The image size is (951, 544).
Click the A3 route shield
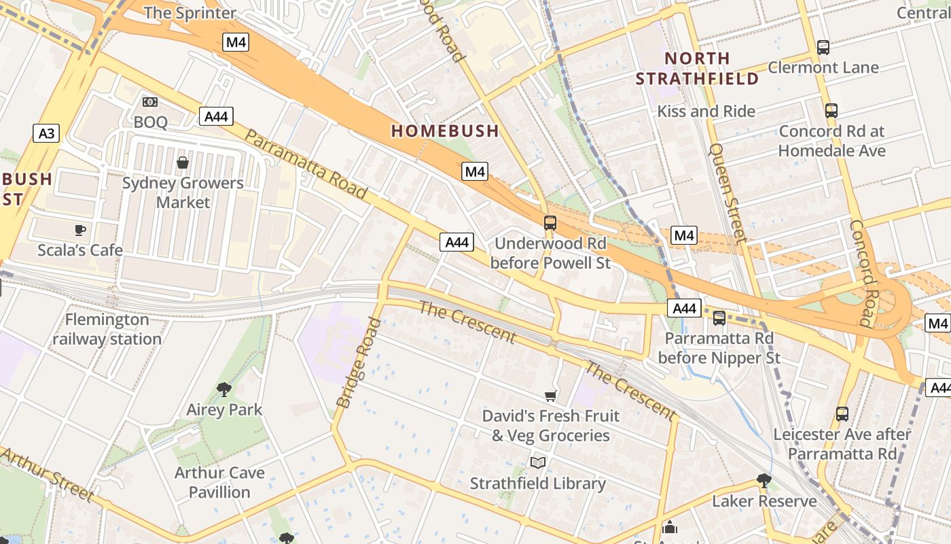(46, 133)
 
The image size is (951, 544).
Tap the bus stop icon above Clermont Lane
(823, 48)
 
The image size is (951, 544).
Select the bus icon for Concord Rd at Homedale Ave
(831, 111)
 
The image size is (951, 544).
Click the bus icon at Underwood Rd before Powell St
(550, 223)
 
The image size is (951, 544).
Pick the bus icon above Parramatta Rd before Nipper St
(719, 318)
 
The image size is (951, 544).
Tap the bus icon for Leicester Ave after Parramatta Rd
(842, 413)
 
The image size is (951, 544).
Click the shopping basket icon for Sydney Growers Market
(182, 163)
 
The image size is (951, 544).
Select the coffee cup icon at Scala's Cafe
(80, 230)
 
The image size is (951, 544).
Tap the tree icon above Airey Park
(224, 390)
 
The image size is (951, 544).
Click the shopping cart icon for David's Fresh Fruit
(550, 396)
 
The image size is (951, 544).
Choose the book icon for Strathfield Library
(538, 463)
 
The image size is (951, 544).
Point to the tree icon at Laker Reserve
(764, 481)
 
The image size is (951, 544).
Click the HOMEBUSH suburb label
(445, 131)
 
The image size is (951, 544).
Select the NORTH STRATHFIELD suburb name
(696, 68)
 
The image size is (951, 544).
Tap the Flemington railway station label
(107, 329)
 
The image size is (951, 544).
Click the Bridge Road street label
(355, 362)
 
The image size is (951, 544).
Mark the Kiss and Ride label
(706, 112)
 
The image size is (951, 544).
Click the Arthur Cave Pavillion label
(219, 482)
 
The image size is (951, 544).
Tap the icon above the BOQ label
(150, 102)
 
